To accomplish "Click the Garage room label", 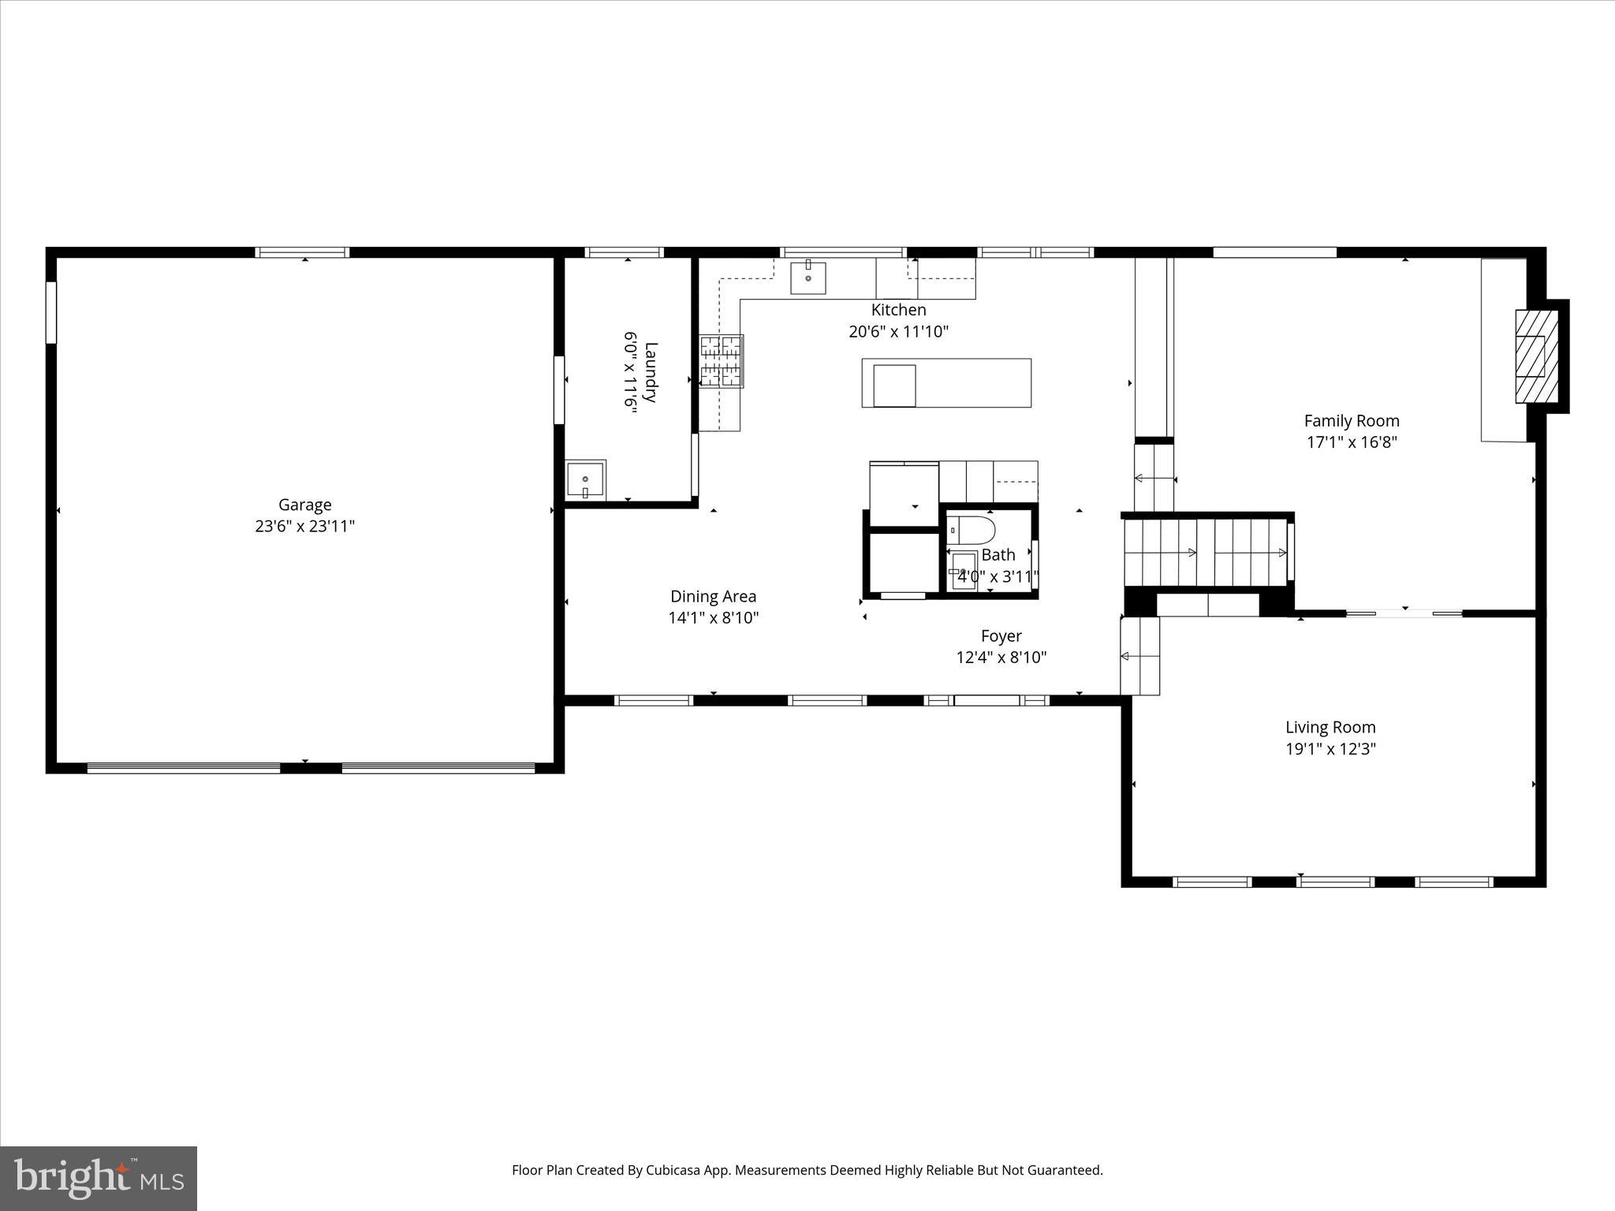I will pyautogui.click(x=304, y=505).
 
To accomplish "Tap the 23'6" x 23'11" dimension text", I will pyautogui.click(x=304, y=526).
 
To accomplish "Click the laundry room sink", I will pyautogui.click(x=585, y=479).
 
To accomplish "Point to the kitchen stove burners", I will pyautogui.click(x=722, y=361).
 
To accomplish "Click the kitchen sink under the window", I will pyautogui.click(x=808, y=278).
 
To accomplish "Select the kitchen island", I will pyautogui.click(x=946, y=383).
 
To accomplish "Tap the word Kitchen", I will pyautogui.click(x=898, y=310).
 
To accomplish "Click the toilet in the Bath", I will pyautogui.click(x=972, y=528).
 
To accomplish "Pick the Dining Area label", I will pyautogui.click(x=713, y=597).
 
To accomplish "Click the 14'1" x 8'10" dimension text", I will pyautogui.click(x=713, y=618).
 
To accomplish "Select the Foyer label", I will pyautogui.click(x=1001, y=636).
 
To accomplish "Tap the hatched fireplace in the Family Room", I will pyautogui.click(x=1536, y=356).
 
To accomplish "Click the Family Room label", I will pyautogui.click(x=1352, y=421).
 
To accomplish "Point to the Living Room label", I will pyautogui.click(x=1330, y=728).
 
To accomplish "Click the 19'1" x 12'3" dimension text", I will pyautogui.click(x=1330, y=749).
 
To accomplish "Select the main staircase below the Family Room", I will pyautogui.click(x=1207, y=552).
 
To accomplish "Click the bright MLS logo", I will pyautogui.click(x=99, y=1178).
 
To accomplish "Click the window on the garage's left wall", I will pyautogui.click(x=51, y=313).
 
